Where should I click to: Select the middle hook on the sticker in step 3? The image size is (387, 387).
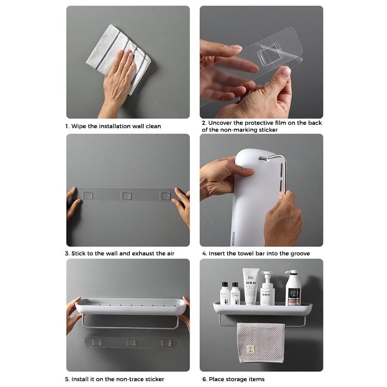pyautogui.click(x=126, y=194)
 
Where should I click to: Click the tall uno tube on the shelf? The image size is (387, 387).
pyautogui.click(x=251, y=286)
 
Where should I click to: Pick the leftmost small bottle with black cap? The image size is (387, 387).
pyautogui.click(x=225, y=294)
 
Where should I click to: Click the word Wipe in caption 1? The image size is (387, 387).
pyautogui.click(x=79, y=126)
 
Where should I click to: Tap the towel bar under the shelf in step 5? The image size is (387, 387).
pyautogui.click(x=130, y=321)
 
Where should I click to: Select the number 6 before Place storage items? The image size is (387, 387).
pyautogui.click(x=204, y=379)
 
